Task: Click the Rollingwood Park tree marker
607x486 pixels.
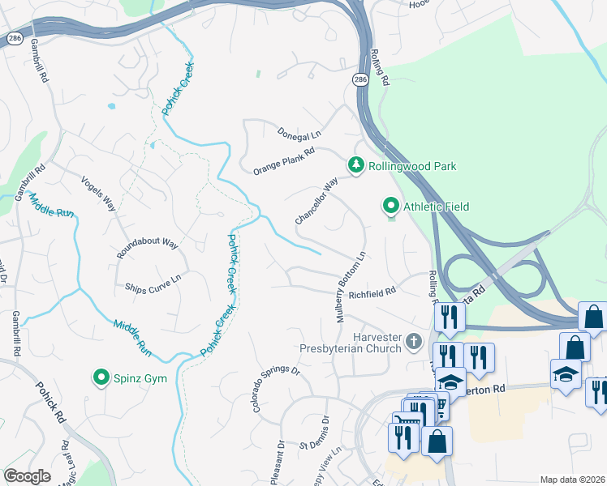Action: (x=355, y=165)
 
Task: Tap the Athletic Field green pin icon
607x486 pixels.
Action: (x=391, y=207)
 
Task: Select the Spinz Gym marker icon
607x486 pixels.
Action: (x=101, y=377)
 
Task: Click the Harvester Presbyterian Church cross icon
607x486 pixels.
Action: (x=415, y=342)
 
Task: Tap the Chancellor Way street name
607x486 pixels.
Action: (x=316, y=202)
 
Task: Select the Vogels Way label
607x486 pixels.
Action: (x=99, y=193)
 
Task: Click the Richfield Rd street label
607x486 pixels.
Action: (x=372, y=292)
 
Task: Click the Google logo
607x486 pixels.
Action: (x=27, y=476)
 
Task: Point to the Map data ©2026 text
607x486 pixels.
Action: (x=572, y=480)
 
